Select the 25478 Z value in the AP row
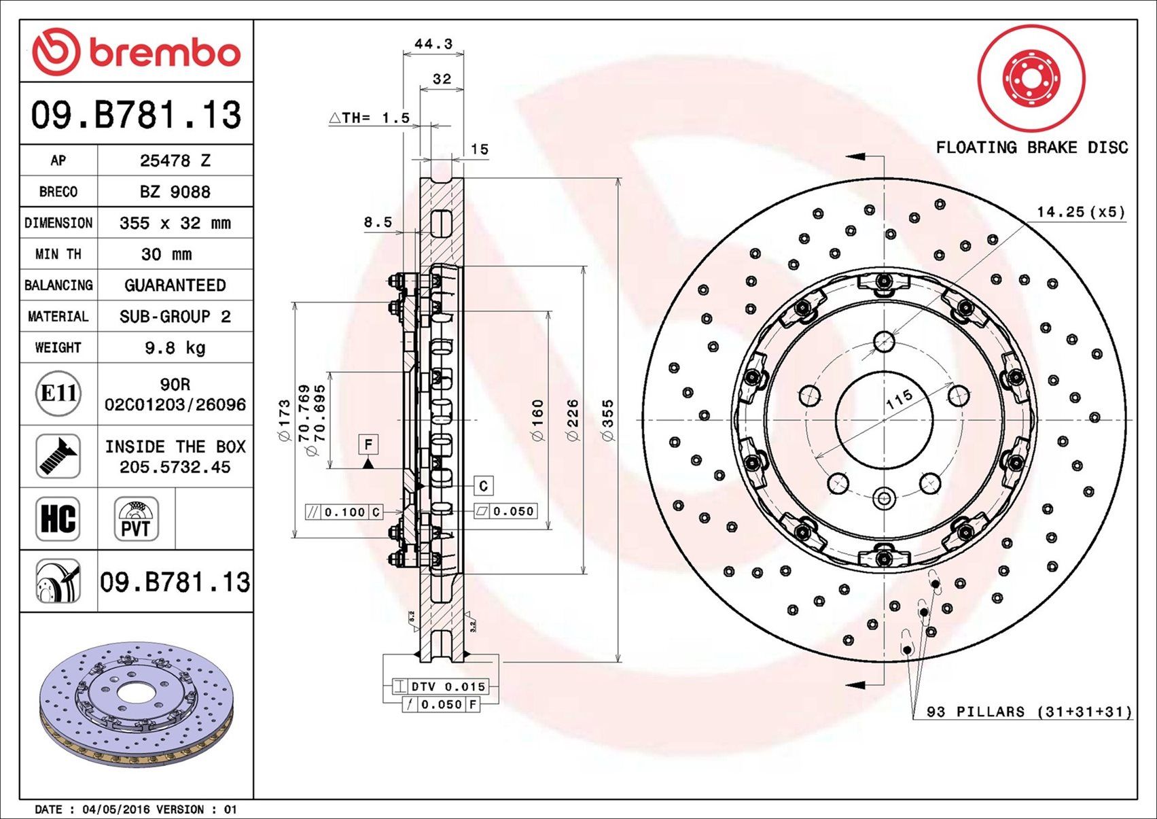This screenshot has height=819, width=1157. coord(175,161)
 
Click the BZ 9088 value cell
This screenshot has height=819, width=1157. coord(175,192)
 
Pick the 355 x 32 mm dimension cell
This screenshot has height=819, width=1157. coord(175,223)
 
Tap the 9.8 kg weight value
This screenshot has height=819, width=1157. coord(175,348)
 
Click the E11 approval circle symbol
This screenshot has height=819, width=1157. coord(58,394)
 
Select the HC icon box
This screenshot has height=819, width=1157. coord(58,519)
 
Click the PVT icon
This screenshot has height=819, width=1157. coord(136,519)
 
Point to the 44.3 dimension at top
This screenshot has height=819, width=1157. coord(433,44)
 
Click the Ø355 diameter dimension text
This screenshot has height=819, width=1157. coord(608,420)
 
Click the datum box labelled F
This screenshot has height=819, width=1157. coord(368,445)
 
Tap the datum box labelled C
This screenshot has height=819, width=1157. coord(483,486)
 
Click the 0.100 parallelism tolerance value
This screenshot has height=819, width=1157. coord(344,512)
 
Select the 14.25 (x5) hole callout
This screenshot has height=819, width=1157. coord(1080,212)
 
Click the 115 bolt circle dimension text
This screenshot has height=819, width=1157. coord(899,400)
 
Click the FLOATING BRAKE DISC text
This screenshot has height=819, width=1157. coord(1031,147)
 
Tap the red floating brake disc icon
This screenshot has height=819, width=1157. coord(1031,78)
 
